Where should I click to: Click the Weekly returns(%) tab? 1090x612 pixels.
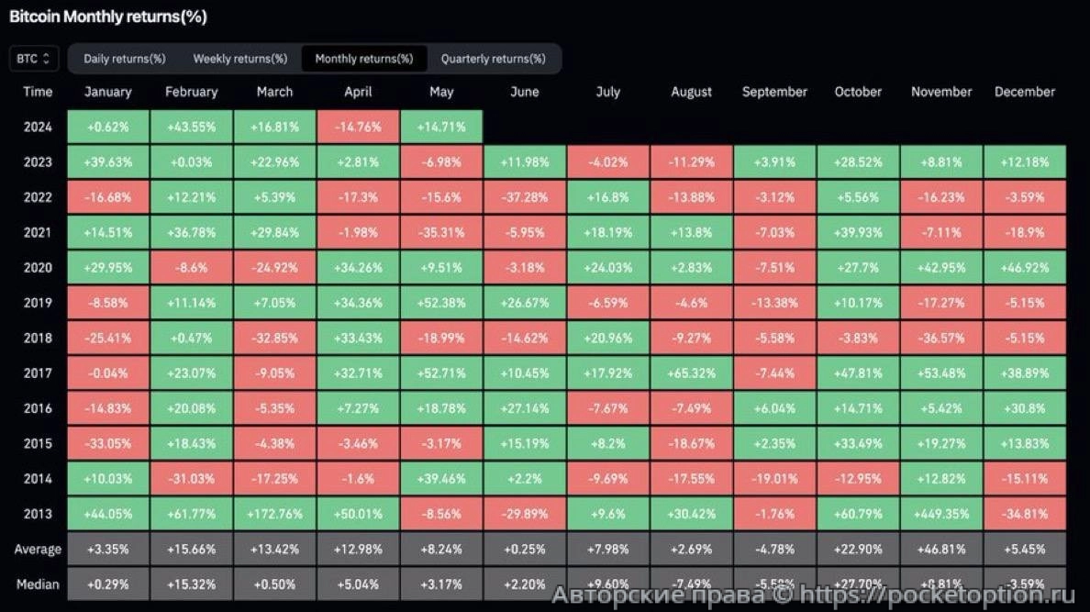pyautogui.click(x=239, y=59)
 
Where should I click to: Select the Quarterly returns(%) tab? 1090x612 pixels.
pyautogui.click(x=493, y=59)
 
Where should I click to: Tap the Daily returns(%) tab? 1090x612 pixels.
pyautogui.click(x=124, y=59)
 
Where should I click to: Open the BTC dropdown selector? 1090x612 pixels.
pyautogui.click(x=33, y=59)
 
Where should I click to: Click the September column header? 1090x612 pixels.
pyautogui.click(x=774, y=92)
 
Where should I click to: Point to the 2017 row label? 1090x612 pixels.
pyautogui.click(x=38, y=373)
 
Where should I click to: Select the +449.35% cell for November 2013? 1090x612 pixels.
pyautogui.click(x=941, y=514)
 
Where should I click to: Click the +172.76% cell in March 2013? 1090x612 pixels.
pyautogui.click(x=274, y=514)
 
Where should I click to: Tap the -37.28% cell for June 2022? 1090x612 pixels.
pyautogui.click(x=524, y=197)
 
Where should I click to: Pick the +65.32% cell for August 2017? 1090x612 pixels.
pyautogui.click(x=691, y=373)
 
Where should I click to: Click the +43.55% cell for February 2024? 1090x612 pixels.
pyautogui.click(x=191, y=127)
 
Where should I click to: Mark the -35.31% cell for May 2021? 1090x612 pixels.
pyautogui.click(x=441, y=232)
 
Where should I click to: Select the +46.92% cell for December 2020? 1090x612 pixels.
pyautogui.click(x=1025, y=268)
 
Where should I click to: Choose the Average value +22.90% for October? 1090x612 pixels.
pyautogui.click(x=858, y=550)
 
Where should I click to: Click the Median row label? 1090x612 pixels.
pyautogui.click(x=38, y=584)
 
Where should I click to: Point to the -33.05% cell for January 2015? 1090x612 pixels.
pyautogui.click(x=107, y=443)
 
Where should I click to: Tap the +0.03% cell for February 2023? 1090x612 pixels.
pyautogui.click(x=191, y=162)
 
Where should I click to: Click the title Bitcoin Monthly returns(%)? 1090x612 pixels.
pyautogui.click(x=107, y=17)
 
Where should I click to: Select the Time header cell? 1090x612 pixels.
pyautogui.click(x=38, y=92)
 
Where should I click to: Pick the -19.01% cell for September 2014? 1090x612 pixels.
pyautogui.click(x=774, y=479)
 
